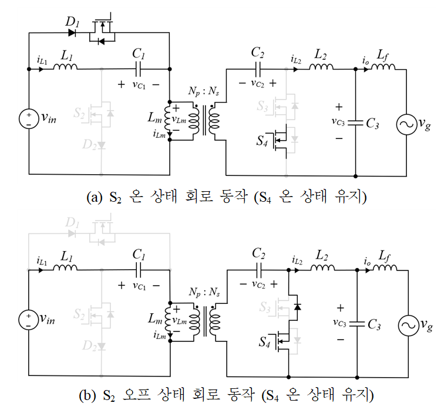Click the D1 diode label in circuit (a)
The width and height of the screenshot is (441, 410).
click(x=72, y=22)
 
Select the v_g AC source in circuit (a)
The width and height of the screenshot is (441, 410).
click(x=406, y=123)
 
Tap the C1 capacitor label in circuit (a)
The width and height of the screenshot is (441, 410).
click(x=139, y=53)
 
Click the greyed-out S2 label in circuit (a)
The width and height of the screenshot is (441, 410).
click(x=78, y=113)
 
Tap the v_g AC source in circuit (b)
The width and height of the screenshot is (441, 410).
click(x=406, y=324)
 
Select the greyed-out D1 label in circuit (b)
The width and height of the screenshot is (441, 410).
click(x=72, y=223)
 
